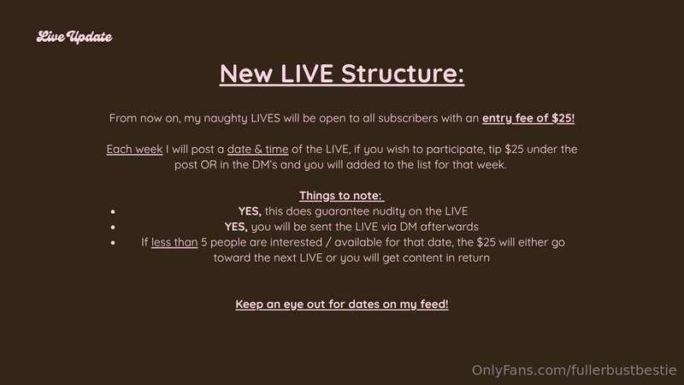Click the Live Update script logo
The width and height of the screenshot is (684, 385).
click(74, 37)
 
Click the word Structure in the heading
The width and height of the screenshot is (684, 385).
click(403, 74)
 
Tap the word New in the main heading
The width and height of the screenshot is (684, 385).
click(246, 74)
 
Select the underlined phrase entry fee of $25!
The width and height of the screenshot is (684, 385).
click(528, 118)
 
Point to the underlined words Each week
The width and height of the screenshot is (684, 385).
click(134, 149)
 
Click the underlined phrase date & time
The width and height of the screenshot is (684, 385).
click(258, 149)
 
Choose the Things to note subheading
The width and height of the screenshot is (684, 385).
click(341, 196)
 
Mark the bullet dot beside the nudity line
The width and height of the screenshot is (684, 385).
click(113, 211)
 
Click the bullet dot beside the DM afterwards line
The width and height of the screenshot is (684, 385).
click(113, 227)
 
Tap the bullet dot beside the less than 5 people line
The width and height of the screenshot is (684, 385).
click(113, 243)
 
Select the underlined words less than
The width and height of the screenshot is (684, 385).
click(174, 242)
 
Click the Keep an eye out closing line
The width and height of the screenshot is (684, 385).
click(342, 305)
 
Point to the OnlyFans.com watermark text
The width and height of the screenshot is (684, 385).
click(574, 370)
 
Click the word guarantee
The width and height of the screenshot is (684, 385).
click(342, 211)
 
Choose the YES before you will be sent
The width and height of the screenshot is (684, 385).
click(236, 227)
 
